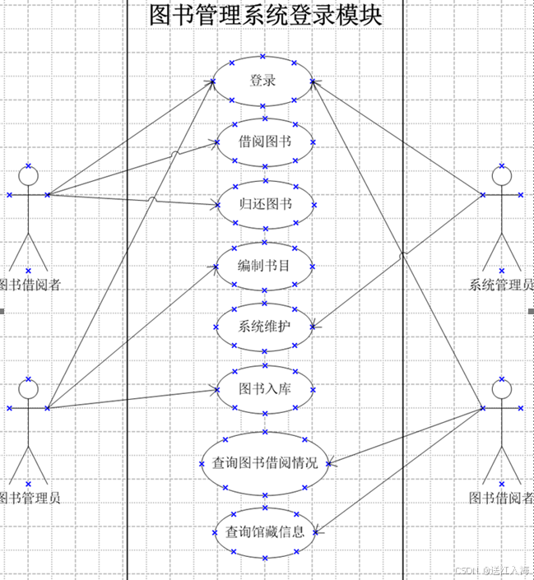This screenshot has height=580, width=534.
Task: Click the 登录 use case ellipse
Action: (263, 81)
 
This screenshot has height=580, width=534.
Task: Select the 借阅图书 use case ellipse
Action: (264, 142)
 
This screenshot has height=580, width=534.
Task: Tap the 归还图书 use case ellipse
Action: (264, 204)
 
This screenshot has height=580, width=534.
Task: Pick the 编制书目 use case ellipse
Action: (264, 266)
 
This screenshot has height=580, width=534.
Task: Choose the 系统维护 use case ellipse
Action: (264, 326)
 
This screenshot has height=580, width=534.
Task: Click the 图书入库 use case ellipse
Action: (264, 388)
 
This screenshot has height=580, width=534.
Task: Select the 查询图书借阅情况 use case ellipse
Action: (264, 463)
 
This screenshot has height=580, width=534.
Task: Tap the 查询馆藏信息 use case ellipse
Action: (264, 531)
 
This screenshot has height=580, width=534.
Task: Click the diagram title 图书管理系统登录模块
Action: (266, 16)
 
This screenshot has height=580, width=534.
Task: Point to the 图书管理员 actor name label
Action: (28, 498)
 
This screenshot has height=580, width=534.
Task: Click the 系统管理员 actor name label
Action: (500, 285)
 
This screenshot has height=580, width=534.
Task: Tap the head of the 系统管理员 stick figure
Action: (502, 174)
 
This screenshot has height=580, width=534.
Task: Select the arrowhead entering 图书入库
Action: (214, 388)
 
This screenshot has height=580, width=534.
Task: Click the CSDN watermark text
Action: (492, 571)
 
